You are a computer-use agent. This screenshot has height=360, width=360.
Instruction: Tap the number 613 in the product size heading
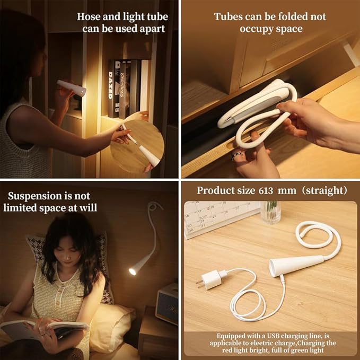[266, 191]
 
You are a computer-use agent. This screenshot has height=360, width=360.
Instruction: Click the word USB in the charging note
[273, 336]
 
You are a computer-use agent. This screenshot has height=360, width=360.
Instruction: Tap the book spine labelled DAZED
[111, 89]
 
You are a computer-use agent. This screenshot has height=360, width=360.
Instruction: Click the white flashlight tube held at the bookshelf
[72, 88]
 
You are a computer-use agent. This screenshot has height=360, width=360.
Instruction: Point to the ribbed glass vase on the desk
[270, 213]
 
